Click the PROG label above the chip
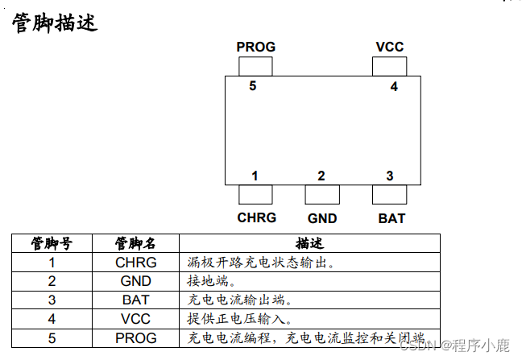(x=256, y=47)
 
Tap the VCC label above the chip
(x=390, y=47)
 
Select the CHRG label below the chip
(x=256, y=217)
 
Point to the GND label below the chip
(x=322, y=218)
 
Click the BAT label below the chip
(x=391, y=218)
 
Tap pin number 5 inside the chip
(x=253, y=86)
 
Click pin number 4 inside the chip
(x=394, y=86)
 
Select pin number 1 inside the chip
(x=255, y=176)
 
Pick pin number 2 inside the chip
(x=321, y=176)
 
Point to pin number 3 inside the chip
(x=389, y=176)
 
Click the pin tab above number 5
(x=256, y=66)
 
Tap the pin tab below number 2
(x=322, y=194)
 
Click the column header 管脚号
(x=52, y=243)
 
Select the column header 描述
(x=309, y=243)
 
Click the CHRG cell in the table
(x=135, y=263)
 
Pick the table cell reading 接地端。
(x=211, y=281)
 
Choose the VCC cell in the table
(x=135, y=319)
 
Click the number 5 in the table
(x=52, y=337)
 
